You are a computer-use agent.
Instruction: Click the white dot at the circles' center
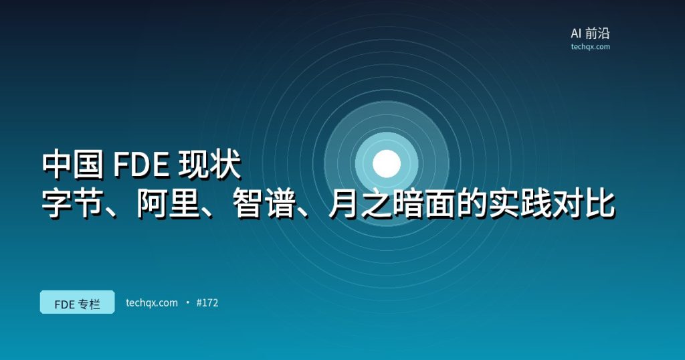coord(387,164)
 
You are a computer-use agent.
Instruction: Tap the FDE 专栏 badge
coord(78,302)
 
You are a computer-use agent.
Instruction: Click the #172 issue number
coord(207,302)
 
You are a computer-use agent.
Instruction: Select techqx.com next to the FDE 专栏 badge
coord(152,302)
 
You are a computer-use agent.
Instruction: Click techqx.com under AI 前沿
coord(590,47)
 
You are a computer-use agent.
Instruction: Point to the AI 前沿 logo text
coord(590,33)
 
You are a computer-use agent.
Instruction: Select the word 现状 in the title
coord(210,164)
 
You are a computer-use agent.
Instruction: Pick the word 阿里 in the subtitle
coord(169,203)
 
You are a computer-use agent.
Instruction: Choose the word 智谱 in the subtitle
coord(264,203)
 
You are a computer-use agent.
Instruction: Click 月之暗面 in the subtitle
coord(392,203)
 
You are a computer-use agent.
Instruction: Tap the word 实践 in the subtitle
coord(519,203)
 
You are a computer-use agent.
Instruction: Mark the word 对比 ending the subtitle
coord(583,203)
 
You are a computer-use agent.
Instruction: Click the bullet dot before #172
coord(187,302)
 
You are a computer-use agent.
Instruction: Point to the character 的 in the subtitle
coord(472,203)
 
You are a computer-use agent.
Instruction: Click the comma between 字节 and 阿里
coord(115,213)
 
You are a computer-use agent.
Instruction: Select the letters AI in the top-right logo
coord(576,33)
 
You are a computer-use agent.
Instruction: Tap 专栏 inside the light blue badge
coord(90,304)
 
